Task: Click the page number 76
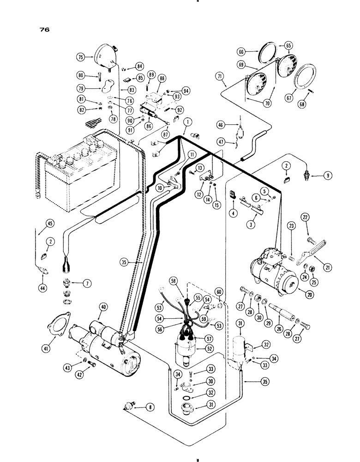(44, 29)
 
